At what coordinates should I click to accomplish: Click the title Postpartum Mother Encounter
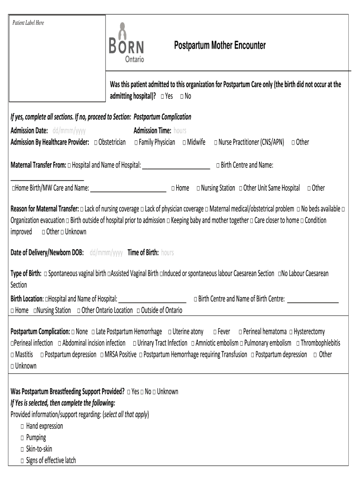(x=220, y=45)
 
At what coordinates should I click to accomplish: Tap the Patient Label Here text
(x=28, y=23)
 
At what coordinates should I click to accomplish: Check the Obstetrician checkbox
(x=95, y=143)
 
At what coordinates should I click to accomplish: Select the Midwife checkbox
(x=184, y=143)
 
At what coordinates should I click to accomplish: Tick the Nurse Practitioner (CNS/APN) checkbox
(x=216, y=143)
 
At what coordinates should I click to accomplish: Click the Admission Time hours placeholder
(x=180, y=131)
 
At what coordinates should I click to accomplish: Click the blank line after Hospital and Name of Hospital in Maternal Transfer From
(x=176, y=166)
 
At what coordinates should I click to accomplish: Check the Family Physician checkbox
(x=136, y=143)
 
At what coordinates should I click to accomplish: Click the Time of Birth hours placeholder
(x=167, y=253)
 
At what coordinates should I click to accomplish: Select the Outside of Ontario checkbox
(x=138, y=311)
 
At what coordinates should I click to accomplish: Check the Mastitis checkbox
(x=13, y=355)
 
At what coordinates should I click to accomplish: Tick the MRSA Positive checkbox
(x=102, y=355)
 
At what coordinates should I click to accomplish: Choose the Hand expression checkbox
(x=22, y=427)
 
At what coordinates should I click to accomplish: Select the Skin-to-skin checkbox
(x=22, y=450)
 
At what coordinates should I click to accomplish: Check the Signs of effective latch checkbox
(x=22, y=461)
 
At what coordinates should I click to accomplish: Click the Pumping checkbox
(x=22, y=438)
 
